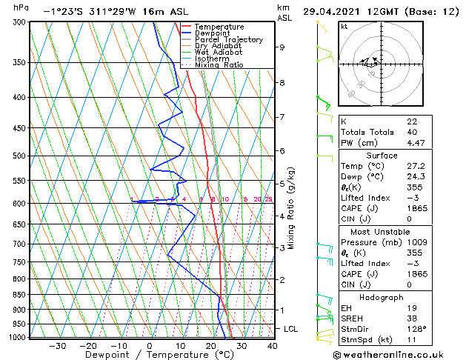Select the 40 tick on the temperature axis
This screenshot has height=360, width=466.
click(272, 345)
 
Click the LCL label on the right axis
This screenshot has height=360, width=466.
click(292, 328)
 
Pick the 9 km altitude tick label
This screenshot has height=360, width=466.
click(282, 47)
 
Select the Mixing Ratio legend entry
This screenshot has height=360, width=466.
click(219, 65)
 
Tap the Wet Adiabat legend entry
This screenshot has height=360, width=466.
click(215, 53)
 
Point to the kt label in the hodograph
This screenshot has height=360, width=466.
click(344, 26)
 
